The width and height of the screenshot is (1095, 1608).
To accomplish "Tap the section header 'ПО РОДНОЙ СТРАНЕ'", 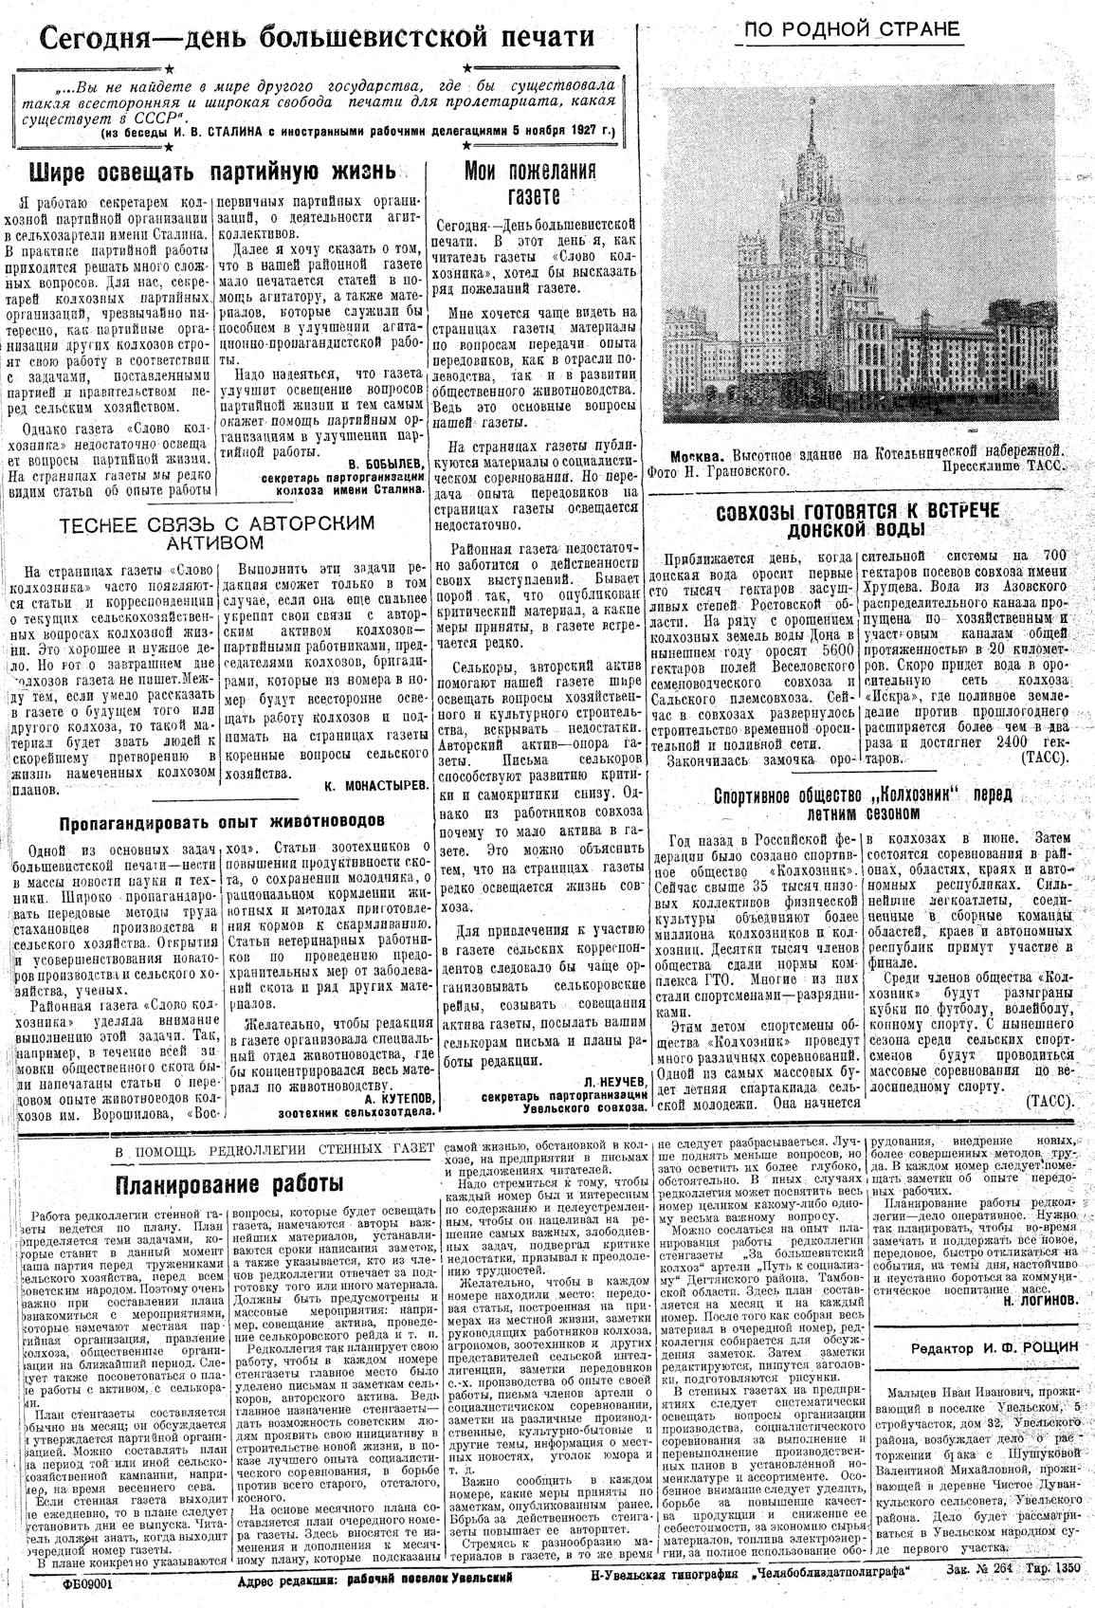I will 851,29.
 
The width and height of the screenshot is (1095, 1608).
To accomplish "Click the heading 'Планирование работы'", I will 229,1184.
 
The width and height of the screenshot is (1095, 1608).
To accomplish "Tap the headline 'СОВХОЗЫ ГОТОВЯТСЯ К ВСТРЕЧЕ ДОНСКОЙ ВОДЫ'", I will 859,520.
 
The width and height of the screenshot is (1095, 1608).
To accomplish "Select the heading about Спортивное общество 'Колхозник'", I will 862,802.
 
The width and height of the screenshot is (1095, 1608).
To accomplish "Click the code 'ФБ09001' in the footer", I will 87,1582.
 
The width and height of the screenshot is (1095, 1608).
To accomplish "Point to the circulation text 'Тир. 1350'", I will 1048,1569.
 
